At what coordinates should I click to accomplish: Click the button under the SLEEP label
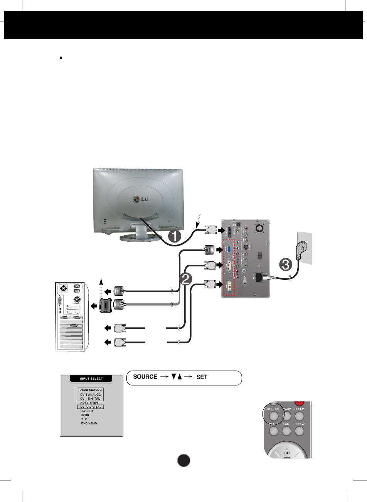pos(299,416)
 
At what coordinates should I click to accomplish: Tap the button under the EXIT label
pos(286,431)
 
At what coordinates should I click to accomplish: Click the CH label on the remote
pos(287,453)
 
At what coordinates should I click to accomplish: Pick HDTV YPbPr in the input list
pos(89,402)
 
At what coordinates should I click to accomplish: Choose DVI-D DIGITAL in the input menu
pos(91,407)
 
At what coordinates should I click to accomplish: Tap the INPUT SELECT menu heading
pos(91,378)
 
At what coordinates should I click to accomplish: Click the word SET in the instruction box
pos(202,377)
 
